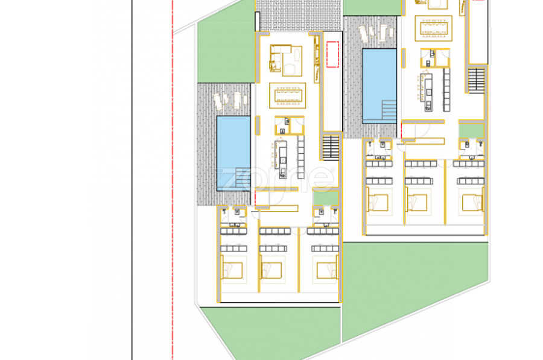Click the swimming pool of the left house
tap(233, 153)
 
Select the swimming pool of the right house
tap(379, 86)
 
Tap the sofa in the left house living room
tap(276, 58)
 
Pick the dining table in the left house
tap(287, 95)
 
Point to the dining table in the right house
tap(434, 28)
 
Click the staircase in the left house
tap(331, 148)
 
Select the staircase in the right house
tap(477, 80)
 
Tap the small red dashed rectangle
tap(332, 54)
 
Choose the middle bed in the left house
tap(271, 270)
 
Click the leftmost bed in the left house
tap(232, 270)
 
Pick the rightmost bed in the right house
tap(472, 203)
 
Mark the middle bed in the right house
tap(416, 203)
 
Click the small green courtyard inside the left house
tap(326, 198)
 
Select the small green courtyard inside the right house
tap(471, 131)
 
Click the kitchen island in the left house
tap(282, 159)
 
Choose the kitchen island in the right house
tap(428, 92)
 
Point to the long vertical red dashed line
tap(173, 180)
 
